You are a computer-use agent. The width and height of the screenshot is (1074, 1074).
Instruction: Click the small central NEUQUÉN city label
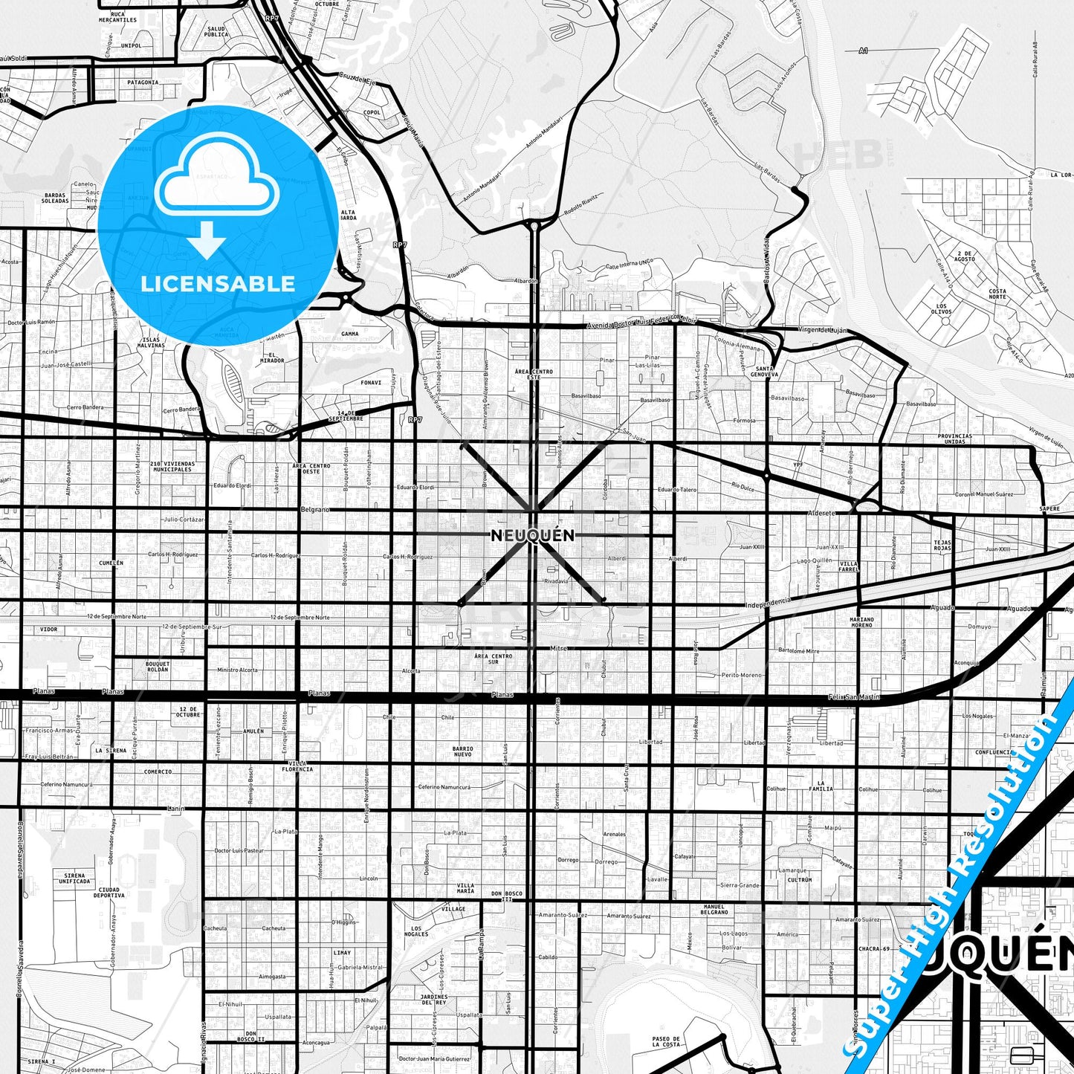532,536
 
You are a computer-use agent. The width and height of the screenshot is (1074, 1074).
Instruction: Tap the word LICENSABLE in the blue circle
218,284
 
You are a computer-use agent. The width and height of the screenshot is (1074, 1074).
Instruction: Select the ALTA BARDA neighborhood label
348,215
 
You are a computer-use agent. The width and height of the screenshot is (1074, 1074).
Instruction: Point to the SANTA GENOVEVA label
765,372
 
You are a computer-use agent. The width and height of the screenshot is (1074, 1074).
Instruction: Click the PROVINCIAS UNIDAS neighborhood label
954,439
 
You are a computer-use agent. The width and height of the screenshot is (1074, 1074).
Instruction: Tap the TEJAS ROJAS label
942,546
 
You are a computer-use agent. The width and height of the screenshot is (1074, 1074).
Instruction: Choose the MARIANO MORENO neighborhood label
862,622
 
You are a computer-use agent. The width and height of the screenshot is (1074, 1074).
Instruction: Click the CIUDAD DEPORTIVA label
109,892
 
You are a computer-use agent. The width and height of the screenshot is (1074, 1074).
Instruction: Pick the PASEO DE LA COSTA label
666,1041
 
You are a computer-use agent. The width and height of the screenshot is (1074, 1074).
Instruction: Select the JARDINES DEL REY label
434,999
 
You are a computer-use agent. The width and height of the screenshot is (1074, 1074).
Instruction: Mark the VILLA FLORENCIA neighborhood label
297,766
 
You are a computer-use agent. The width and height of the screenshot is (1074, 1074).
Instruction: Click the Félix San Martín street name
854,697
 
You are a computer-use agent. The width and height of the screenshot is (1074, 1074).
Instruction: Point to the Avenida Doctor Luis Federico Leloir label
641,321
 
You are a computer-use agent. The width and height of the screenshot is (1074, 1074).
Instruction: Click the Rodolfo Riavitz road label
581,206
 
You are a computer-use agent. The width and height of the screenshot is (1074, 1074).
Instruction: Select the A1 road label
863,51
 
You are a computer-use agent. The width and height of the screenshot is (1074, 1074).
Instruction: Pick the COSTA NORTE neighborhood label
997,294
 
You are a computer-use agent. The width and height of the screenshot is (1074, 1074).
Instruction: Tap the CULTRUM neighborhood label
800,879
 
